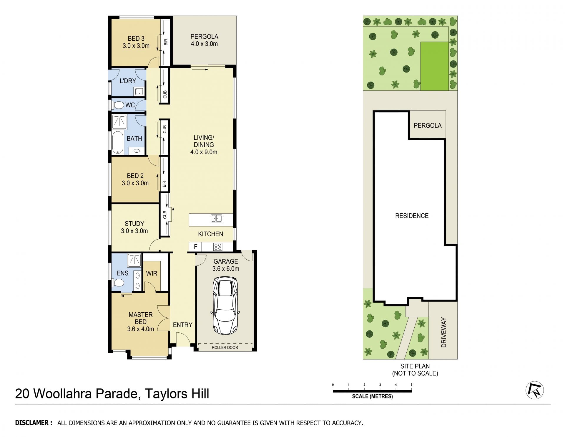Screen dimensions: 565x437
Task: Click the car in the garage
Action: click(225, 305)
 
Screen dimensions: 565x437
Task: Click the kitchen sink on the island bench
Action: click(216, 219)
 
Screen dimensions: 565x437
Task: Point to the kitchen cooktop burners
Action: click(218, 246)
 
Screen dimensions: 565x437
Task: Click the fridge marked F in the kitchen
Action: click(195, 247)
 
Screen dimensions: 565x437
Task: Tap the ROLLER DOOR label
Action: click(225, 347)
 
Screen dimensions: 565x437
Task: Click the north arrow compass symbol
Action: click(534, 391)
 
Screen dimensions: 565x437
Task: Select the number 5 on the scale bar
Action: click(412, 385)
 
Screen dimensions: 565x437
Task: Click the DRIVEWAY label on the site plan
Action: click(444, 332)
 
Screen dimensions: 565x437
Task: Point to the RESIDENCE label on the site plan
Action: click(412, 216)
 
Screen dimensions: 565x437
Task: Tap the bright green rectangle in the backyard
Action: click(434, 66)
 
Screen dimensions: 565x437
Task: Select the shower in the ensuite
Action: click(134, 259)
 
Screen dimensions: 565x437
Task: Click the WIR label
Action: click(152, 273)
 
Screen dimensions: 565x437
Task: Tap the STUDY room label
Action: click(134, 224)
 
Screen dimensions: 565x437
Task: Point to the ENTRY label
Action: click(182, 325)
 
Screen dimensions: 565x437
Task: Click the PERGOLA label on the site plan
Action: click(428, 126)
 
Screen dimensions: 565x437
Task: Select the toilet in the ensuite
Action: click(118, 283)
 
